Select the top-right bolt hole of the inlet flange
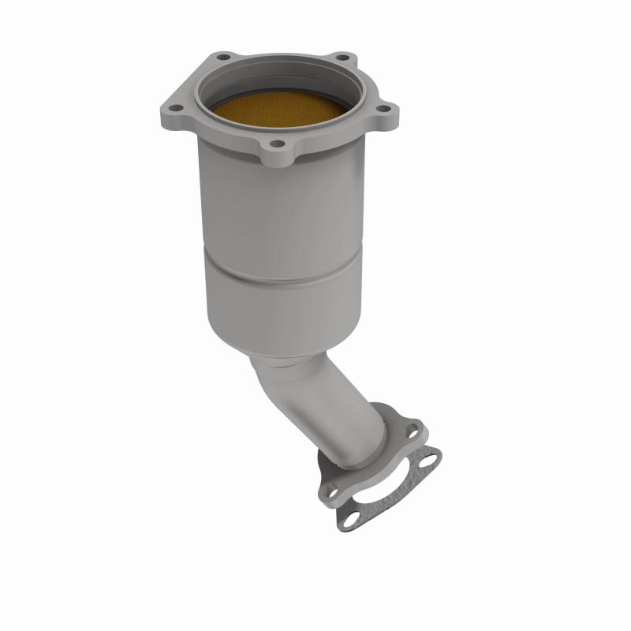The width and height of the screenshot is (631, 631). (342, 57)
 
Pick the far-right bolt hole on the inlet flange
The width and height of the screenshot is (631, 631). (383, 109)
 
